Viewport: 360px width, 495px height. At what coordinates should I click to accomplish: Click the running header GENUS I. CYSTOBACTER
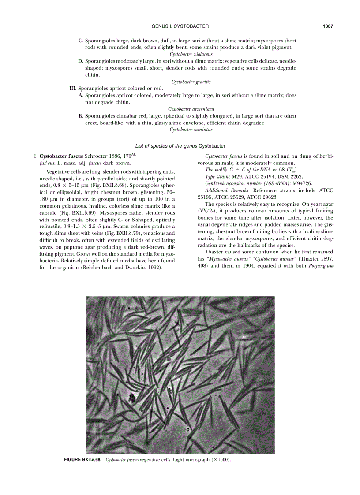click(x=180, y=26)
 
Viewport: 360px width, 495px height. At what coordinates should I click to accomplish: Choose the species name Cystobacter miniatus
click(x=191, y=130)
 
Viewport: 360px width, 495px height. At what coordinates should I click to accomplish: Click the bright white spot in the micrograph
click(x=244, y=337)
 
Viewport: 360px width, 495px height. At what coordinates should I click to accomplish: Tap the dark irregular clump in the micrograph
click(x=131, y=398)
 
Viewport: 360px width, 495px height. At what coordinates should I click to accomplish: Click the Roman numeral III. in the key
click(x=74, y=88)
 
